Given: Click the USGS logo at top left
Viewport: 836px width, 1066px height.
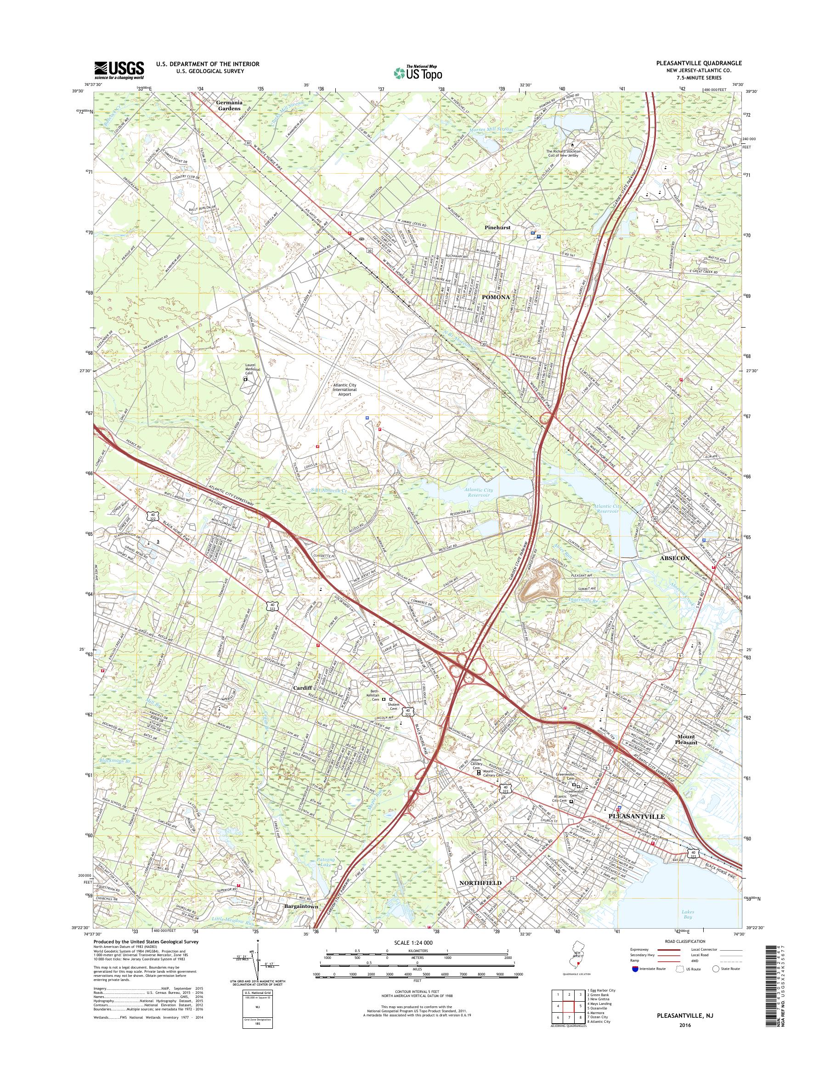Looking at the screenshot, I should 119,69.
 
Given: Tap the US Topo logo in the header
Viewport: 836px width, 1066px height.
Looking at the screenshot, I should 418,73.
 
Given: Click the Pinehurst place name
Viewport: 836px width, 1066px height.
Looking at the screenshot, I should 498,228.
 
